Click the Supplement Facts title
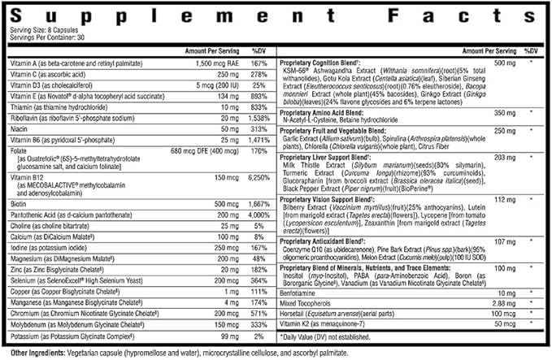pos(276,15)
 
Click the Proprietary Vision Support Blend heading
pos(333,197)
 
